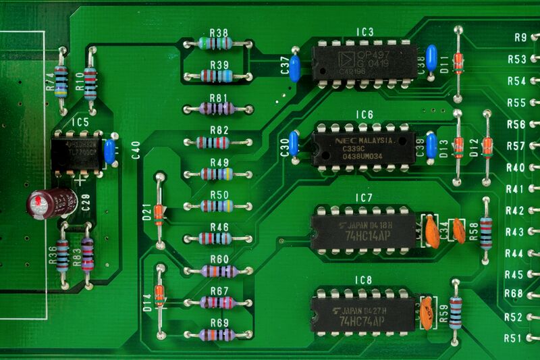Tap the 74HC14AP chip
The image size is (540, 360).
363,230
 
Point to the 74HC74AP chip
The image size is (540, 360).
363,313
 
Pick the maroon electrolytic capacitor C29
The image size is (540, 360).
52,202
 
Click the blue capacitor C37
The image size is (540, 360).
294,66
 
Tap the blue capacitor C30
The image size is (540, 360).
294,144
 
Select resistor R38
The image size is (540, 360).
217,44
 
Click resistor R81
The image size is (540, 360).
217,108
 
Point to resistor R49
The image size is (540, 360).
217,174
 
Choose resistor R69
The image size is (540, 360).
217,334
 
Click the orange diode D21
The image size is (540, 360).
160,212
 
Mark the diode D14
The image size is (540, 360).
160,296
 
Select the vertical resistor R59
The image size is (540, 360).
456,311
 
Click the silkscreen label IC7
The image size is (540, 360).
364,197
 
